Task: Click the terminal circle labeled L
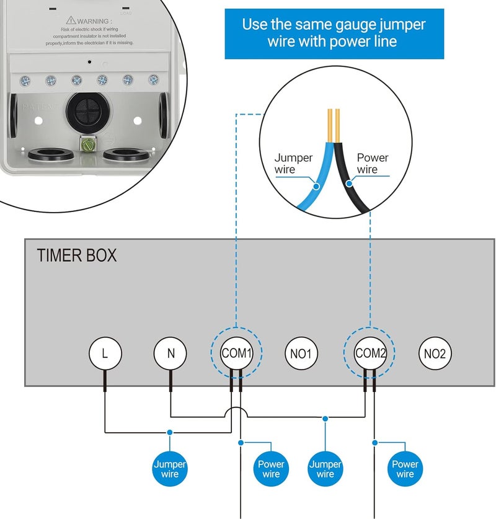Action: (105, 353)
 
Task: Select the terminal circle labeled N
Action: (170, 353)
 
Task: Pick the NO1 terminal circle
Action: (301, 353)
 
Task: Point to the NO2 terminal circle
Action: (435, 353)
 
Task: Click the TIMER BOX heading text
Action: (77, 255)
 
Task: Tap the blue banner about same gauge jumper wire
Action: (334, 33)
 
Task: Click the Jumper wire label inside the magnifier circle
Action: (293, 163)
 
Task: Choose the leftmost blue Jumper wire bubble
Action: (169, 469)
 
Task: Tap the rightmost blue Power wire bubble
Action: (404, 469)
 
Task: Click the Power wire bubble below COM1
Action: (271, 469)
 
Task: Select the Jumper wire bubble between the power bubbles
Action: (325, 469)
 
